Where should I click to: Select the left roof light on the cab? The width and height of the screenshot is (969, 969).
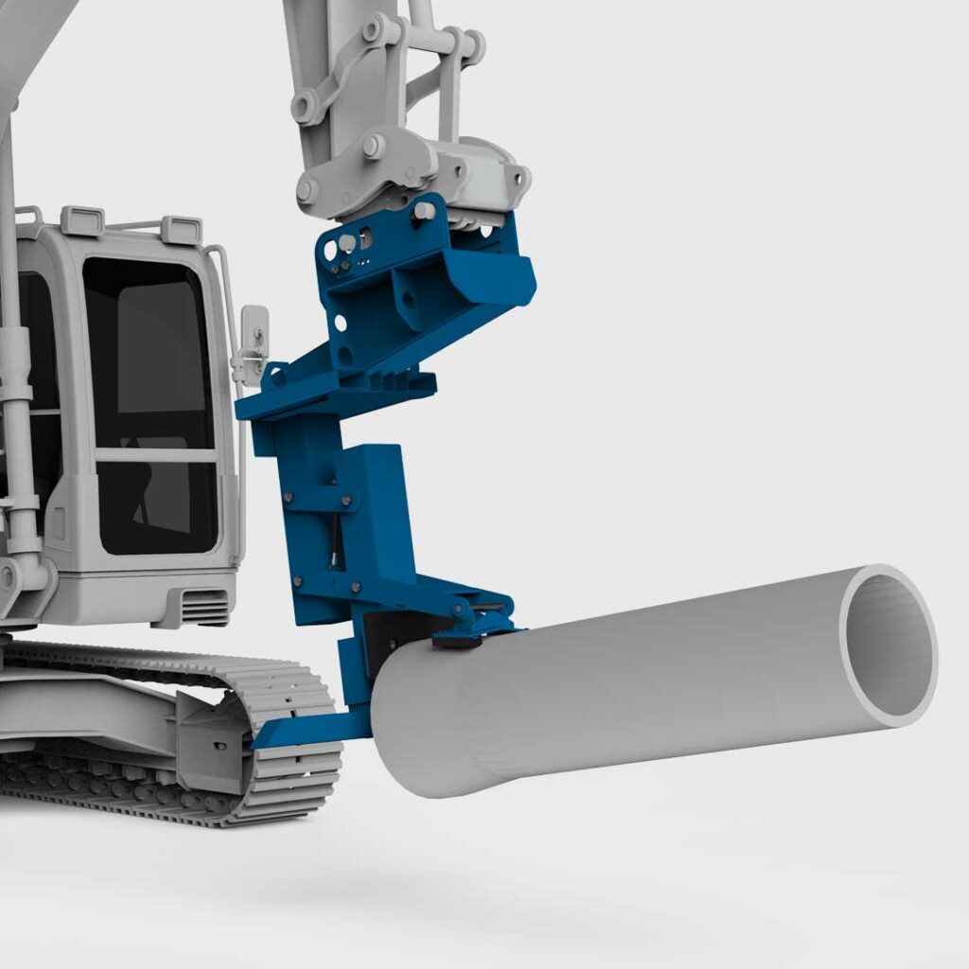[82, 220]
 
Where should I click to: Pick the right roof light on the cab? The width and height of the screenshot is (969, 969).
[181, 229]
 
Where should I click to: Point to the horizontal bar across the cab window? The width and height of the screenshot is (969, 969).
[156, 455]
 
